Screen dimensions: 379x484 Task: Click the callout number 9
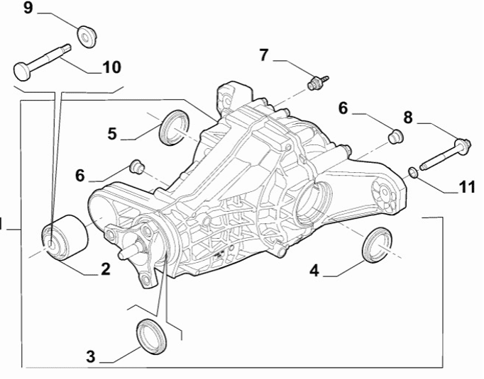click(28, 9)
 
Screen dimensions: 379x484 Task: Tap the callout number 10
click(111, 67)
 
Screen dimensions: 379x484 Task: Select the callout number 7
click(264, 55)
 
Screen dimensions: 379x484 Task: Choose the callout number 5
click(112, 133)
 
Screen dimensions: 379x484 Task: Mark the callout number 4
click(313, 270)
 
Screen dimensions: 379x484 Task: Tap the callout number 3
click(90, 356)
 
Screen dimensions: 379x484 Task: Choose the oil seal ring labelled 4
click(377, 242)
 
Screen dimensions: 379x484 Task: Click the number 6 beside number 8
click(343, 108)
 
